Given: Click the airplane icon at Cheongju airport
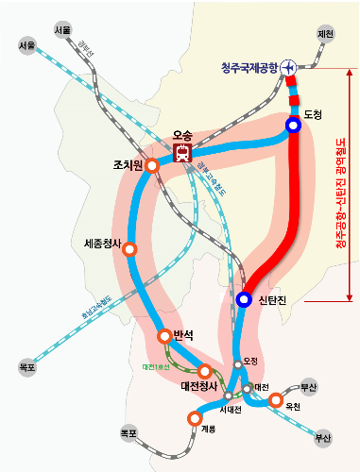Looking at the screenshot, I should pyautogui.click(x=288, y=67).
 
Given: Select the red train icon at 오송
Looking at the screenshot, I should pyautogui.click(x=182, y=152).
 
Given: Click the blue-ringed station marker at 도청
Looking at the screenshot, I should pyautogui.click(x=294, y=125).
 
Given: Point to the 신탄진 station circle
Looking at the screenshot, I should pyautogui.click(x=244, y=300).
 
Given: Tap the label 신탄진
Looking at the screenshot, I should pyautogui.click(x=276, y=300).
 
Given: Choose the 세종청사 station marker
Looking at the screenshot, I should pyautogui.click(x=130, y=249).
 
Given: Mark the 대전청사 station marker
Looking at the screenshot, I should pyautogui.click(x=204, y=371).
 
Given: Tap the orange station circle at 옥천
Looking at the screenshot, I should pyautogui.click(x=275, y=400).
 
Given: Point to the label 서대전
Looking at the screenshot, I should pyautogui.click(x=231, y=410).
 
